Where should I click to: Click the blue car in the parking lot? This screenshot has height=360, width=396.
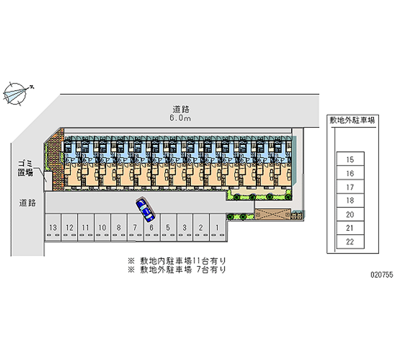pyautogui.click(x=145, y=210)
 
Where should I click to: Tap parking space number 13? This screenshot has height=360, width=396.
pyautogui.click(x=53, y=227)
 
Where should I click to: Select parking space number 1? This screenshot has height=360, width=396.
pyautogui.click(x=217, y=227)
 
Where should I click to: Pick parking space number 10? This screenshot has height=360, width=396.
pyautogui.click(x=102, y=227)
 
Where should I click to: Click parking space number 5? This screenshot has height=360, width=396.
pyautogui.click(x=168, y=227)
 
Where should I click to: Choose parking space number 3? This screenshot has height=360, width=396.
pyautogui.click(x=184, y=227)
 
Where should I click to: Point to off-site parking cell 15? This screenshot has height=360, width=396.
pyautogui.click(x=350, y=159)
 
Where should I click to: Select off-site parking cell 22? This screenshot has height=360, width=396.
pyautogui.click(x=350, y=242)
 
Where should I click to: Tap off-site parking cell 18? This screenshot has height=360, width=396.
pyautogui.click(x=350, y=201)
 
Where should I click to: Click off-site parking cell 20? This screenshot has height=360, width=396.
pyautogui.click(x=350, y=214)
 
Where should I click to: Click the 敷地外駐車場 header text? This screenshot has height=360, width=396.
pyautogui.click(x=351, y=120)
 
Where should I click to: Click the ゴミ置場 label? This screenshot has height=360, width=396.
pyautogui.click(x=25, y=168)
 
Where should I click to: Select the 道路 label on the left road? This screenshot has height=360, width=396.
pyautogui.click(x=28, y=202)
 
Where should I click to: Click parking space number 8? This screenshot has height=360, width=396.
pyautogui.click(x=119, y=227)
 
